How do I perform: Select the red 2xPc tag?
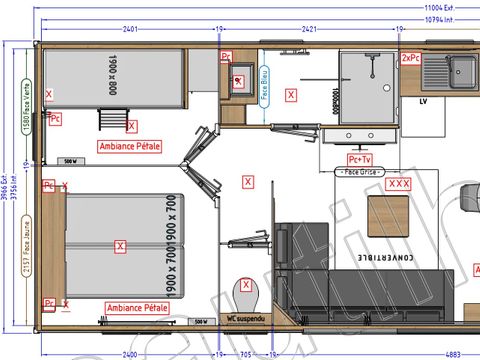coord(410,58)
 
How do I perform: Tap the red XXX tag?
coord(399,184)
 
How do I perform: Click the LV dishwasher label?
coord(424,101)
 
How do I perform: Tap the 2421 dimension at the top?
coord(306,29)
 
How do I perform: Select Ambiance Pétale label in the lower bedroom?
coord(135,308)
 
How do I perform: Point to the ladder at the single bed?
coord(106,119)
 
